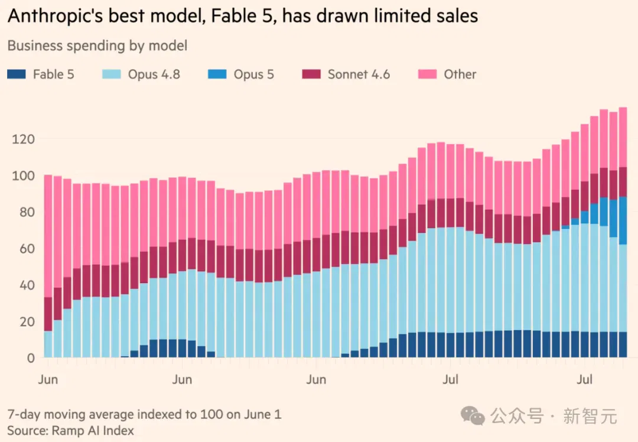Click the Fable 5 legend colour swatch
[17, 74]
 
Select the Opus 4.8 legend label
[154, 74]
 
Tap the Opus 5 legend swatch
[217, 74]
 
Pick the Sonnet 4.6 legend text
[359, 74]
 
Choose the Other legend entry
[447, 74]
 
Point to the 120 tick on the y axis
[23, 139]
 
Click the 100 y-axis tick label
[23, 176]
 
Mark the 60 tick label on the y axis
[27, 249]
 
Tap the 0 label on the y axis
[31, 358]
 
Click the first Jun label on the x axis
[48, 380]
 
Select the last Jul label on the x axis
[584, 380]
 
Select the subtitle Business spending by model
[97, 45]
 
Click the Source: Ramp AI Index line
[70, 431]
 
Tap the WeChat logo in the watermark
[473, 416]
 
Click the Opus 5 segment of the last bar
[623, 220]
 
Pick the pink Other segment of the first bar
[48, 236]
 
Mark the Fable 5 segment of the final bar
[623, 344]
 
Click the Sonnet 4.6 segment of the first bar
[48, 314]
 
